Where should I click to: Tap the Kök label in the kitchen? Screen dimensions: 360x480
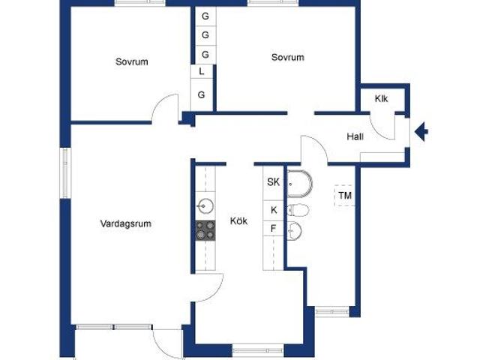click(238, 221)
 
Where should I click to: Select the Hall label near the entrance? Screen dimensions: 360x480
click(355, 136)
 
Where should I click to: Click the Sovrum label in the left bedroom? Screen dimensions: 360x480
click(131, 61)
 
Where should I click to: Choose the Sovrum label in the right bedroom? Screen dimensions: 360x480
click(288, 57)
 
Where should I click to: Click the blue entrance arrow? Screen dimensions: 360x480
click(422, 132)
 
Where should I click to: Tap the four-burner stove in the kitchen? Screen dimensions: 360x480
click(205, 230)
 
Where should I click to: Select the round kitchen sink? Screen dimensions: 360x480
click(205, 205)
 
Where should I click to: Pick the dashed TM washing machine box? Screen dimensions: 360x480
click(345, 196)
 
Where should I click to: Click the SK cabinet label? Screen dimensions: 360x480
click(274, 181)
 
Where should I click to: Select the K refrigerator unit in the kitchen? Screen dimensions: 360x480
click(274, 210)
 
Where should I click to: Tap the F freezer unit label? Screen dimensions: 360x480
click(274, 229)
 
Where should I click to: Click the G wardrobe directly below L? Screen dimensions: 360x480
click(202, 94)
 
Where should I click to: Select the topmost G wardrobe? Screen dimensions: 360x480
click(205, 16)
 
